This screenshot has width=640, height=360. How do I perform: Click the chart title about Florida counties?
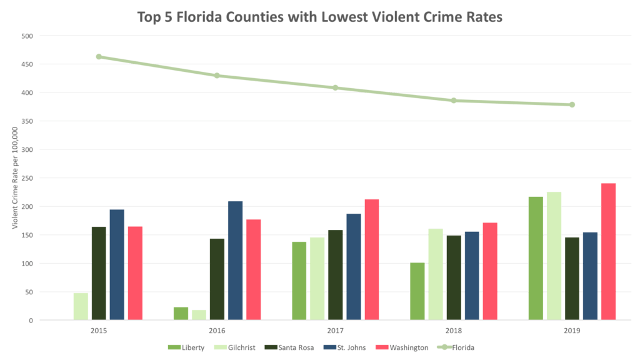pos(319,17)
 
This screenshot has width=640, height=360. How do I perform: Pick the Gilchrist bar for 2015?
pos(81,306)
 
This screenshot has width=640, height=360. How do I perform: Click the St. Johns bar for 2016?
pos(235,260)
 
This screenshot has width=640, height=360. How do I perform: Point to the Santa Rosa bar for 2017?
pos(335,274)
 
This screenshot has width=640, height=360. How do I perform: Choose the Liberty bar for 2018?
pos(417,291)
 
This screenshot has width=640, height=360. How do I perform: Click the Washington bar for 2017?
pos(371,259)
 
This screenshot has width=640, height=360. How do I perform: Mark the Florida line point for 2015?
pos(99,56)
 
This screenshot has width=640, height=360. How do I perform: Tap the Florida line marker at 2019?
pos(572,104)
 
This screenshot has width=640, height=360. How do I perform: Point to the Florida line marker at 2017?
pos(335,87)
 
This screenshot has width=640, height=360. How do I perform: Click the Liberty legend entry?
pos(186,347)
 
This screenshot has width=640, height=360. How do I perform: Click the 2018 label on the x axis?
pos(454,331)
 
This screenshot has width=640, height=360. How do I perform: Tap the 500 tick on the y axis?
pos(26,36)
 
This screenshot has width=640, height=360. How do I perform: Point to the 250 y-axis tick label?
pos(26,178)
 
